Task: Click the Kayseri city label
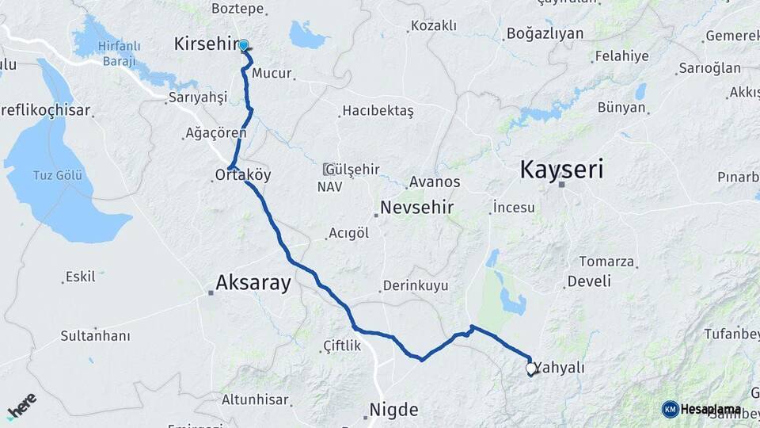coord(561,169)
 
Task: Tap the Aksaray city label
coord(253,283)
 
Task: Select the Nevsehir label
coord(416,208)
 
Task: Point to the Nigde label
coord(393,410)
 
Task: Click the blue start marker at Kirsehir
coord(243,46)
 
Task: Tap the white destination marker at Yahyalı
coord(531,369)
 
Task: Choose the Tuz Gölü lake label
coord(57,174)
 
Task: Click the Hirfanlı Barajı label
coord(120,54)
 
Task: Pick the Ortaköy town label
coord(243,174)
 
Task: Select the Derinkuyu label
coord(415,285)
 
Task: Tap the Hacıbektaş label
coord(378,111)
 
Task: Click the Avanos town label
coord(435,182)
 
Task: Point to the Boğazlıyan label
coord(545,33)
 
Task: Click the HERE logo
coord(21,405)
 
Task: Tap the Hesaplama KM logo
coord(701,409)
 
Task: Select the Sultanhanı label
coord(95,335)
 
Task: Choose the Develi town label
coord(589,281)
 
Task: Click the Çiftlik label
coord(342,346)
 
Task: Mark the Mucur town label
coord(272,74)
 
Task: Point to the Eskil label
coord(80,277)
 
